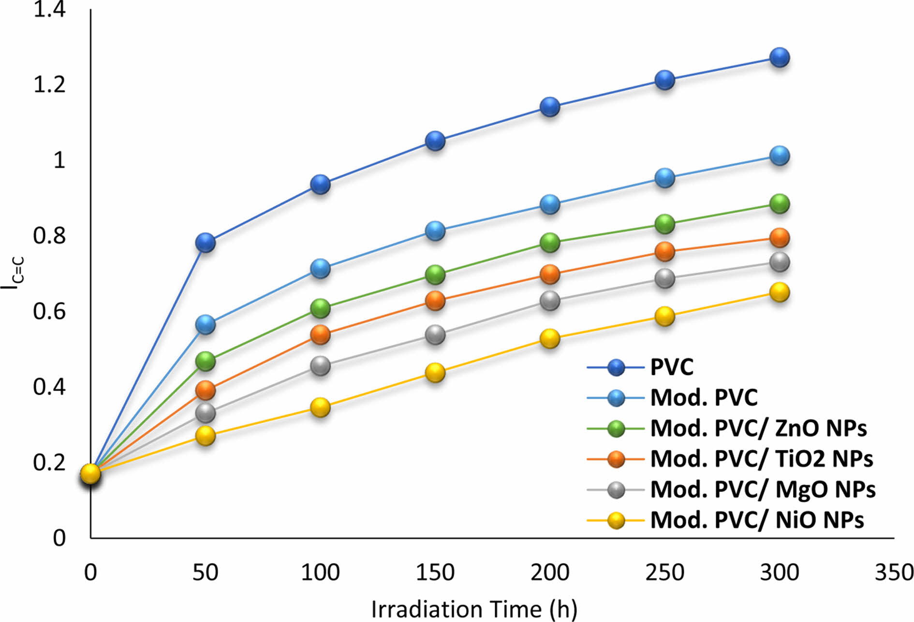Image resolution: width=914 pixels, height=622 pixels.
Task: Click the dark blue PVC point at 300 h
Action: coord(780,58)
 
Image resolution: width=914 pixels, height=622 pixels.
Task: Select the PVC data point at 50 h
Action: coord(206,242)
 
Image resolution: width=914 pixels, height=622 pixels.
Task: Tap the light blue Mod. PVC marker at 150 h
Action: coord(435,231)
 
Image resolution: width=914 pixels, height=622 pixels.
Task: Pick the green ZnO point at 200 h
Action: coord(550,242)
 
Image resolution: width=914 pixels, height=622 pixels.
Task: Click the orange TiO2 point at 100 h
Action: coord(320,334)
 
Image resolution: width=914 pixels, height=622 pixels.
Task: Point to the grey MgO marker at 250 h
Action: coord(665,278)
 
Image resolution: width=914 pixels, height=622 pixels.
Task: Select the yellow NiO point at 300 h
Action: coord(780,292)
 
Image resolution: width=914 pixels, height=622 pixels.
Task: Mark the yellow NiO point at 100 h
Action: coord(320,407)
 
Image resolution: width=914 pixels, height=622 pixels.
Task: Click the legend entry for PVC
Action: coord(672,367)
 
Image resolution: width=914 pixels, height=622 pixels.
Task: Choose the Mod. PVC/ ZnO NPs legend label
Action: coord(758,428)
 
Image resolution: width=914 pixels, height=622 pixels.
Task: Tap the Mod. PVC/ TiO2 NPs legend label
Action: coord(761,458)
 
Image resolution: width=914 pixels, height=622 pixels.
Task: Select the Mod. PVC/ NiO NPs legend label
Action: coord(757,520)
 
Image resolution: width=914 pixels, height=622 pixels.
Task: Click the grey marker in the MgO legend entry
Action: coord(616,489)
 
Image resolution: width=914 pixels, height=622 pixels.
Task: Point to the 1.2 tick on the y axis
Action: coord(49,85)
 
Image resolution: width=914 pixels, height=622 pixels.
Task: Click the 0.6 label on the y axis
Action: coord(49,311)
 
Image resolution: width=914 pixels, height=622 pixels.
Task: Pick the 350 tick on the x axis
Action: coord(894,573)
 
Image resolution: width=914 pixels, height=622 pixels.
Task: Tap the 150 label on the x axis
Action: coord(435,573)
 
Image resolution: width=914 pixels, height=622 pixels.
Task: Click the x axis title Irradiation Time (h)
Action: coord(474,609)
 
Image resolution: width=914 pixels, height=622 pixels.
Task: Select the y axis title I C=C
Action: coord(12,274)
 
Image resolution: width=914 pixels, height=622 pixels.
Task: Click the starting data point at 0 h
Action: coord(90,474)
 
